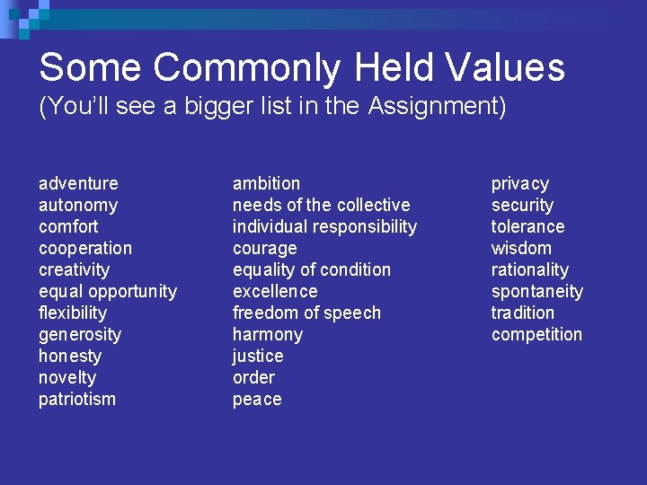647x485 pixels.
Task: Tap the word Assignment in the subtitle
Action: tap(436, 107)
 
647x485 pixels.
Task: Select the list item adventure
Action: tap(78, 184)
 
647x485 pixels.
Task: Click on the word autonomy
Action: tap(78, 206)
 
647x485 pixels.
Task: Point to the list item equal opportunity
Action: tap(108, 292)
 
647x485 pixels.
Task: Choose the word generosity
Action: tap(80, 335)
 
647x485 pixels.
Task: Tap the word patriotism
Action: tap(77, 400)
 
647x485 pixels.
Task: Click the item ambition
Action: tap(267, 184)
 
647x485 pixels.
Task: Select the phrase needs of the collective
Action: tap(321, 206)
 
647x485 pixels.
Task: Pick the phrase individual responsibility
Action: tap(324, 227)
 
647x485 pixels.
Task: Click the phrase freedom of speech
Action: tap(306, 313)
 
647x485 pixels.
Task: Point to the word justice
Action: tap(258, 357)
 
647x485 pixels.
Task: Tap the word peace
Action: tap(257, 400)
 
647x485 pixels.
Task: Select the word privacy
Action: tap(519, 184)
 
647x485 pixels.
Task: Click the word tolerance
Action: tap(527, 227)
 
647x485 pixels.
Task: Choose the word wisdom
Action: tap(521, 249)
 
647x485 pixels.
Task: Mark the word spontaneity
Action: tap(536, 292)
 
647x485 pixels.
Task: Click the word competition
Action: tap(536, 335)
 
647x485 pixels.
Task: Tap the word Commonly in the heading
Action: tap(246, 68)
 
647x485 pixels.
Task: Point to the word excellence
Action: tap(275, 292)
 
